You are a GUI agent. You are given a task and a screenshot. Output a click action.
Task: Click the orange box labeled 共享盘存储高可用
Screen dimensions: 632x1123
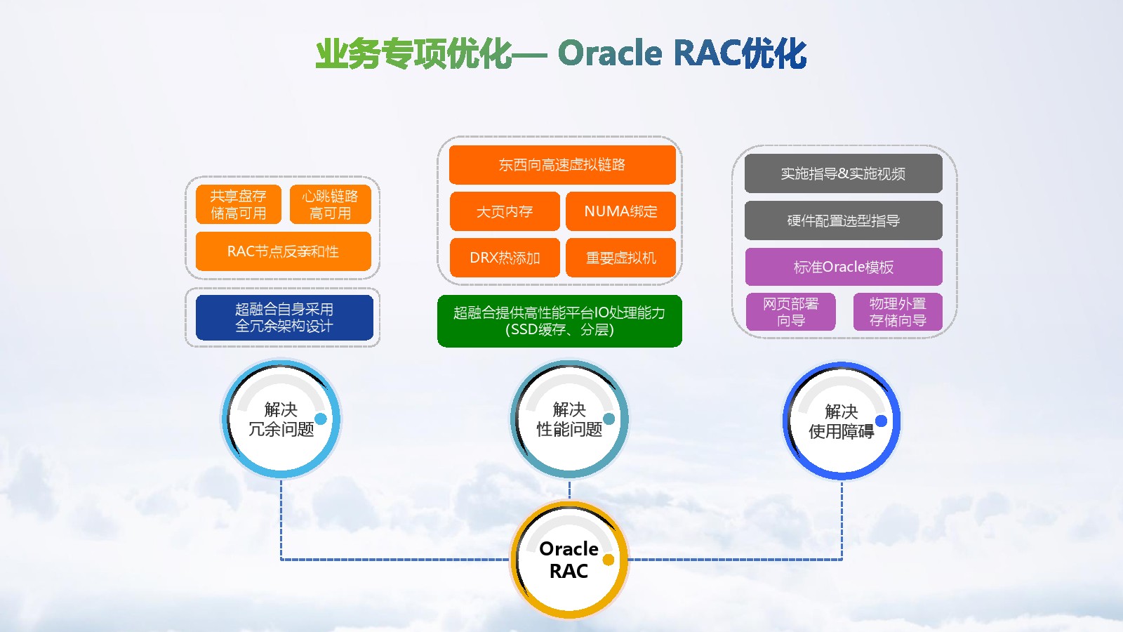[x=239, y=204]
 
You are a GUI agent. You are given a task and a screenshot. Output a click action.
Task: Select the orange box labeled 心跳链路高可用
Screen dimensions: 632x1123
[x=330, y=204]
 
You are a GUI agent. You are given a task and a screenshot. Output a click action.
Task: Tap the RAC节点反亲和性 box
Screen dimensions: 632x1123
[x=283, y=251]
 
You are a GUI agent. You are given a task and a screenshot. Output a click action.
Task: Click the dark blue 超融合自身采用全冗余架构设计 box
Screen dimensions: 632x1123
[x=284, y=317]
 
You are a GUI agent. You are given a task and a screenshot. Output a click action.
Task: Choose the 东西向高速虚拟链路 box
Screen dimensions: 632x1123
[x=562, y=165]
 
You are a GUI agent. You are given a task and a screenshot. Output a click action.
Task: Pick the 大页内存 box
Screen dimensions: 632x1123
[x=505, y=211]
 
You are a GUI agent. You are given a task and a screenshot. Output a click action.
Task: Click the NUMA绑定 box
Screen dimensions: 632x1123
[x=620, y=211]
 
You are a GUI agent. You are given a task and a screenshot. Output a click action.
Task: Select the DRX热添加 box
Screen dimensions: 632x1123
[x=505, y=258]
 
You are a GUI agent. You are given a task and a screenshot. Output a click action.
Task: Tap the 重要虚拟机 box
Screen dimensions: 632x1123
[x=620, y=258]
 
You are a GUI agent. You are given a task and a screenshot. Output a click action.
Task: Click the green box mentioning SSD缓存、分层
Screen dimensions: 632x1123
[x=559, y=321]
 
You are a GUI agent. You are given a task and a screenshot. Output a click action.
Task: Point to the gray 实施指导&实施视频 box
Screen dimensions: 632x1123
[x=843, y=173]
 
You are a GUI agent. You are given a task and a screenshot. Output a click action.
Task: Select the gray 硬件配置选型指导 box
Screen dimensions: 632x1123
[x=843, y=220]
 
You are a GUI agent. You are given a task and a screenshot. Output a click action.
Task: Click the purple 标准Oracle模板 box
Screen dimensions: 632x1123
[x=843, y=267]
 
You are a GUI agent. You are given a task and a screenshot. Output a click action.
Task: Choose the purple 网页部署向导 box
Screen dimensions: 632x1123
[x=791, y=312]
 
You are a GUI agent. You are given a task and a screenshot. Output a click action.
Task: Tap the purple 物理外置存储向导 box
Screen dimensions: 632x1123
[x=898, y=312]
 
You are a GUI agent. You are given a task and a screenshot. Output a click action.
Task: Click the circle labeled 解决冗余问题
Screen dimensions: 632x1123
[x=281, y=419]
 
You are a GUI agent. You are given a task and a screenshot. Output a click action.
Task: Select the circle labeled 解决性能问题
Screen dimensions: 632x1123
[x=569, y=419]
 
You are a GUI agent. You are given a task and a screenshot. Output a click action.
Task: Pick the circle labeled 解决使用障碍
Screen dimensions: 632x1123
[x=842, y=421]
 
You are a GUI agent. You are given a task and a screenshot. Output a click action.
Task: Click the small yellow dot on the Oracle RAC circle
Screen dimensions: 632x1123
[x=609, y=560]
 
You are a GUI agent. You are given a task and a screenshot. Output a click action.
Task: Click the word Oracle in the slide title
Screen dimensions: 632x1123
[x=610, y=53]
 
